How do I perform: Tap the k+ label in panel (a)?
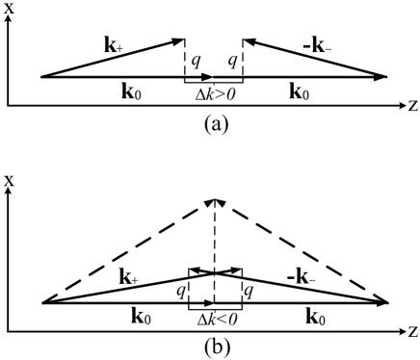[x=112, y=44]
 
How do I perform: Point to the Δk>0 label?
[x=214, y=98]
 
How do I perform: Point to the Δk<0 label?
[x=214, y=319]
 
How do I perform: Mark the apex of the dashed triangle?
[x=215, y=200]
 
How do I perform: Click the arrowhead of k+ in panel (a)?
[x=182, y=39]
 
